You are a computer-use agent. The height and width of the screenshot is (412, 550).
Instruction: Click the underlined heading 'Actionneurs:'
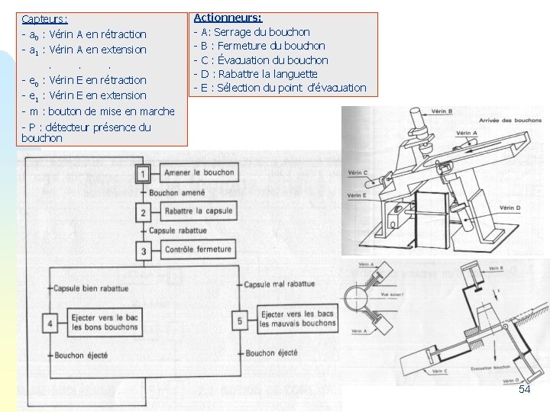228,17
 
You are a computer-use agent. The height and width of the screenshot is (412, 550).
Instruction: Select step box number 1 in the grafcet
143,175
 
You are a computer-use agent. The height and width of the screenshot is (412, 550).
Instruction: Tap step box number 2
143,212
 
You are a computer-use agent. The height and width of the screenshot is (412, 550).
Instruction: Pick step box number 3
143,249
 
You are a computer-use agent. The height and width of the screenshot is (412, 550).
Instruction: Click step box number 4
51,323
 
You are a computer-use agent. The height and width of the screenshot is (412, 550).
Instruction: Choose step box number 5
241,321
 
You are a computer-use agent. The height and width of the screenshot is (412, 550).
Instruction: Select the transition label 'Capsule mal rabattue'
279,284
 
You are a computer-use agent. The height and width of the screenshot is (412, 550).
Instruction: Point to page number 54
524,390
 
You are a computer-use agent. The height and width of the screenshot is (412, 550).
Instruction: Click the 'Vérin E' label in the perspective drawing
357,195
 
